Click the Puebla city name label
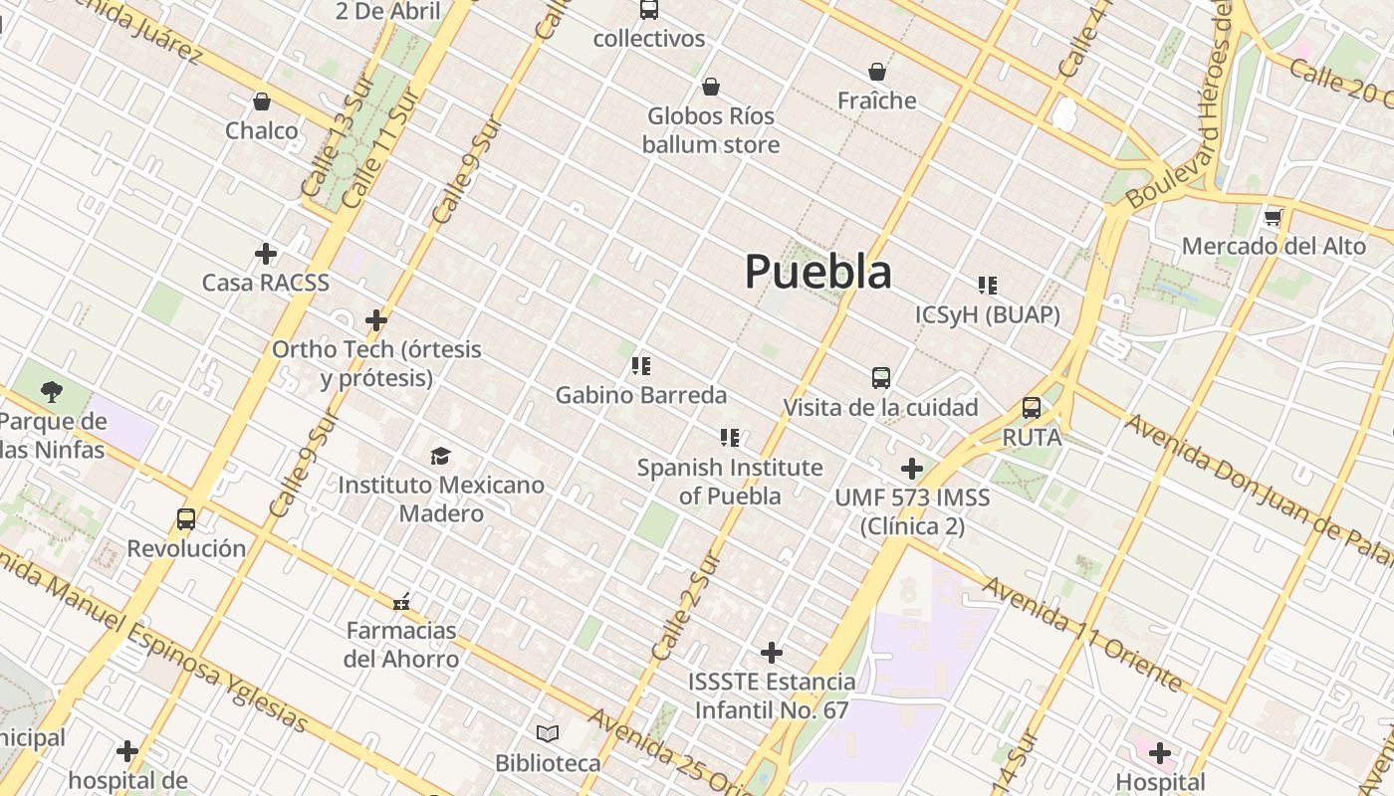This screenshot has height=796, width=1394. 817,272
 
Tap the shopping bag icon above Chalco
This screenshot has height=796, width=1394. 262,101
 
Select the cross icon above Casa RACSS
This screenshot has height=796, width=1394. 266,254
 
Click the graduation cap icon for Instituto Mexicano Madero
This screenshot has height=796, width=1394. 440,456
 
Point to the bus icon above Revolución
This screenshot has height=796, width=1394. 186,518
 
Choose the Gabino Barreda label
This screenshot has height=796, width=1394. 640,395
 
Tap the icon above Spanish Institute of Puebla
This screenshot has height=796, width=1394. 730,438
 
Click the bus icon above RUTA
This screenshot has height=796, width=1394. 1032,408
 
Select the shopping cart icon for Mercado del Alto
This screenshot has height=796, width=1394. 1273,217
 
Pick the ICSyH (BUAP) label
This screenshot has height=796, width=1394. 987,315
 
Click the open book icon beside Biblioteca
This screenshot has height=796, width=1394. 548,734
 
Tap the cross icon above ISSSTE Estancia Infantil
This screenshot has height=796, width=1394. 772,653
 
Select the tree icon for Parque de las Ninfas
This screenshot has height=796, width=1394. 52,392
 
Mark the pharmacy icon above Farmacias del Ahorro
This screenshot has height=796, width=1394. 401,601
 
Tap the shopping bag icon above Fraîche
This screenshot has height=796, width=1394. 877,72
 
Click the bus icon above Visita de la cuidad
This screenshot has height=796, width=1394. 881,378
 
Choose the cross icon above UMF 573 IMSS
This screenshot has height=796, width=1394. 912,469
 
